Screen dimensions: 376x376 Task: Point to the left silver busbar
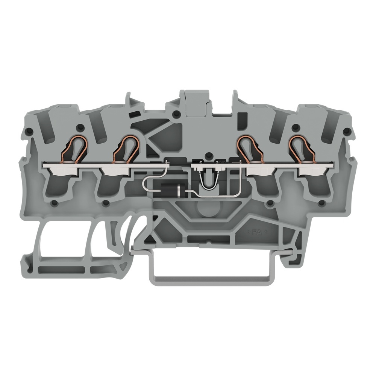point(106,165)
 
